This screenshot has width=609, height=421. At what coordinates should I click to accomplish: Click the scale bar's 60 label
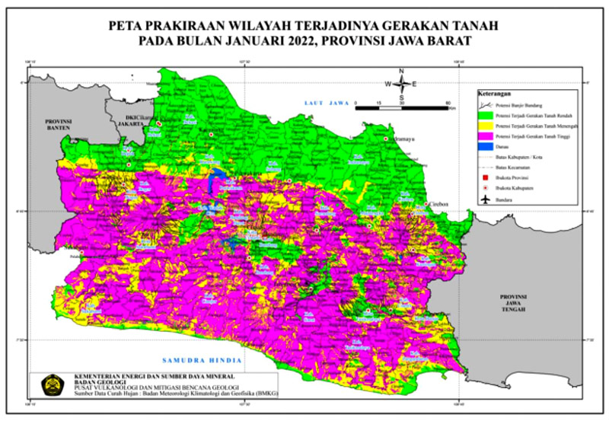pos(449,101)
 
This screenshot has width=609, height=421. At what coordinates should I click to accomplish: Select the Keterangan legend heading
pos(494,93)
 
